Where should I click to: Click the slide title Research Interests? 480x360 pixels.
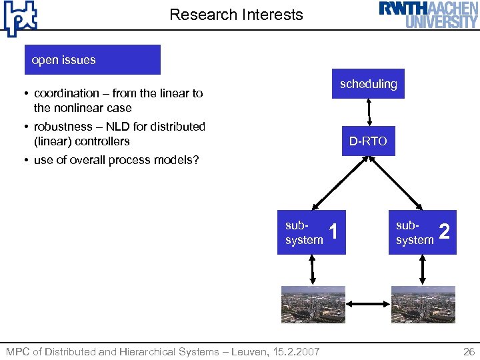pyautogui.click(x=236, y=15)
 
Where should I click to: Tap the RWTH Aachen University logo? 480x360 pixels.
pyautogui.click(x=429, y=15)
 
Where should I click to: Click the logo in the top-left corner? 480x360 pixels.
pyautogui.click(x=20, y=18)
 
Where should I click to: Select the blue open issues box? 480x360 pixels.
pyautogui.click(x=93, y=59)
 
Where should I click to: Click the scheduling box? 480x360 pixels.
pyautogui.click(x=368, y=83)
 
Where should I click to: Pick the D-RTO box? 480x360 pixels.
pyautogui.click(x=368, y=141)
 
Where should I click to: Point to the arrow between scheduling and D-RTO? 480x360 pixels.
pyautogui.click(x=368, y=112)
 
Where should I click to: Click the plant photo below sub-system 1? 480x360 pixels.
pyautogui.click(x=313, y=305)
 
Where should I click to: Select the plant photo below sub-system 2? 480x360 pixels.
pyautogui.click(x=423, y=305)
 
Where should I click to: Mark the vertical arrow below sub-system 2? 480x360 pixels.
pyautogui.click(x=423, y=270)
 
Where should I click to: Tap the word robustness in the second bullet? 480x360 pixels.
pyautogui.click(x=63, y=127)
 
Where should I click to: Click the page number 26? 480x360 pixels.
pyautogui.click(x=469, y=351)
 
